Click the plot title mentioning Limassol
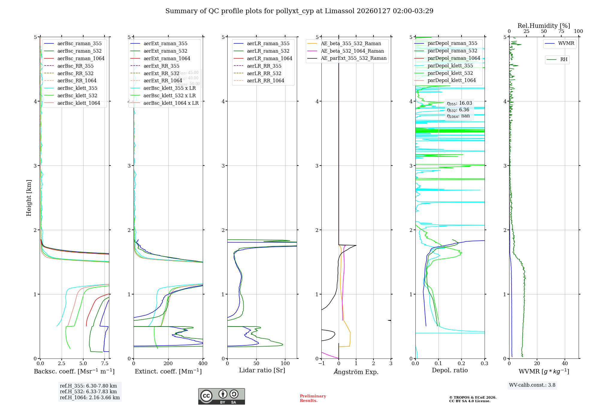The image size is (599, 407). (299, 11)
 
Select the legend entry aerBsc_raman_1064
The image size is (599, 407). (81, 58)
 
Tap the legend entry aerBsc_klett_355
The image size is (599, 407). (77, 88)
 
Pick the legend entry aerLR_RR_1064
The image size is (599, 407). (265, 81)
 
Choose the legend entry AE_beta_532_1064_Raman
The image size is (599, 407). (352, 51)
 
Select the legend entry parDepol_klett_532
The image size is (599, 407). (450, 73)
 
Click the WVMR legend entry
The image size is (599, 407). (566, 43)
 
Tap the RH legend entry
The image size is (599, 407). (564, 60)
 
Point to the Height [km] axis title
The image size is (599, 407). (29, 198)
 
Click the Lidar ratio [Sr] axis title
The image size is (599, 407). (262, 370)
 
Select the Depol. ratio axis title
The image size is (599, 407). (450, 370)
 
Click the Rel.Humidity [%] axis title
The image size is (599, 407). (544, 26)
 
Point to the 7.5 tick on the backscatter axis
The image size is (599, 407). (105, 364)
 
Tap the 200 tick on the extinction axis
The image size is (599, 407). (168, 364)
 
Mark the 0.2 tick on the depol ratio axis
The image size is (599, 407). (462, 364)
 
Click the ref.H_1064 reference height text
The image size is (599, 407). (90, 397)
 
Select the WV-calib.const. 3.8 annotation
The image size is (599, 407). (532, 385)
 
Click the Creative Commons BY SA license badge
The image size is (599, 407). (221, 396)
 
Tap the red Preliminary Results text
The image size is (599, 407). (313, 398)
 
